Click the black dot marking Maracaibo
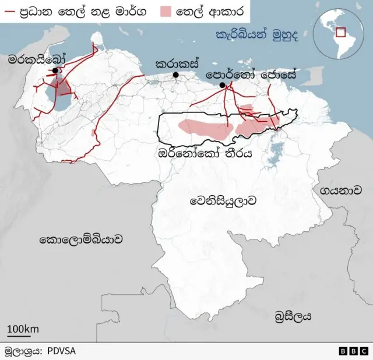(55, 70)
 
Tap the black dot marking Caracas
(175, 75)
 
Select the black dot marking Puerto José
(222, 86)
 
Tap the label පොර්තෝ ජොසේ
(251, 75)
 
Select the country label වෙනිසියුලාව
(223, 201)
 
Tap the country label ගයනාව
(337, 190)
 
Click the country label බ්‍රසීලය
(293, 316)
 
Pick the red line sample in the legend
(9, 11)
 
